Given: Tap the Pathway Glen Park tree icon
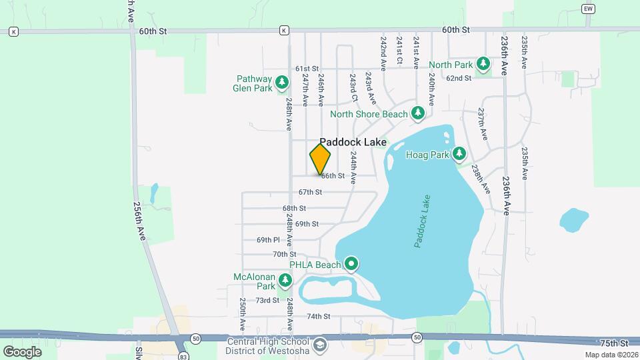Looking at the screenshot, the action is point(283,82).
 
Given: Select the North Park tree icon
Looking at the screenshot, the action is point(483,64).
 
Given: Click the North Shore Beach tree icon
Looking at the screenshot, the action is point(418,113).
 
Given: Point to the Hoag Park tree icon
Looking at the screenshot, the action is point(459,155).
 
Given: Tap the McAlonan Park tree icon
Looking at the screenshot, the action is point(285,281).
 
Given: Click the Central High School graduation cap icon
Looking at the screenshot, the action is point(320,345).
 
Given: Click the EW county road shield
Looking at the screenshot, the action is point(587,9).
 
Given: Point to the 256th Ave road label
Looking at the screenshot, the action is point(141,221).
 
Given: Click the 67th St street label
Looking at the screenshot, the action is point(310,192).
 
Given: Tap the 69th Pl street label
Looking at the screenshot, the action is point(268,240).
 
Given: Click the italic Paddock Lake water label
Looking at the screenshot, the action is point(422,221).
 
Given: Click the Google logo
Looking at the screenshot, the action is point(22,351).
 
